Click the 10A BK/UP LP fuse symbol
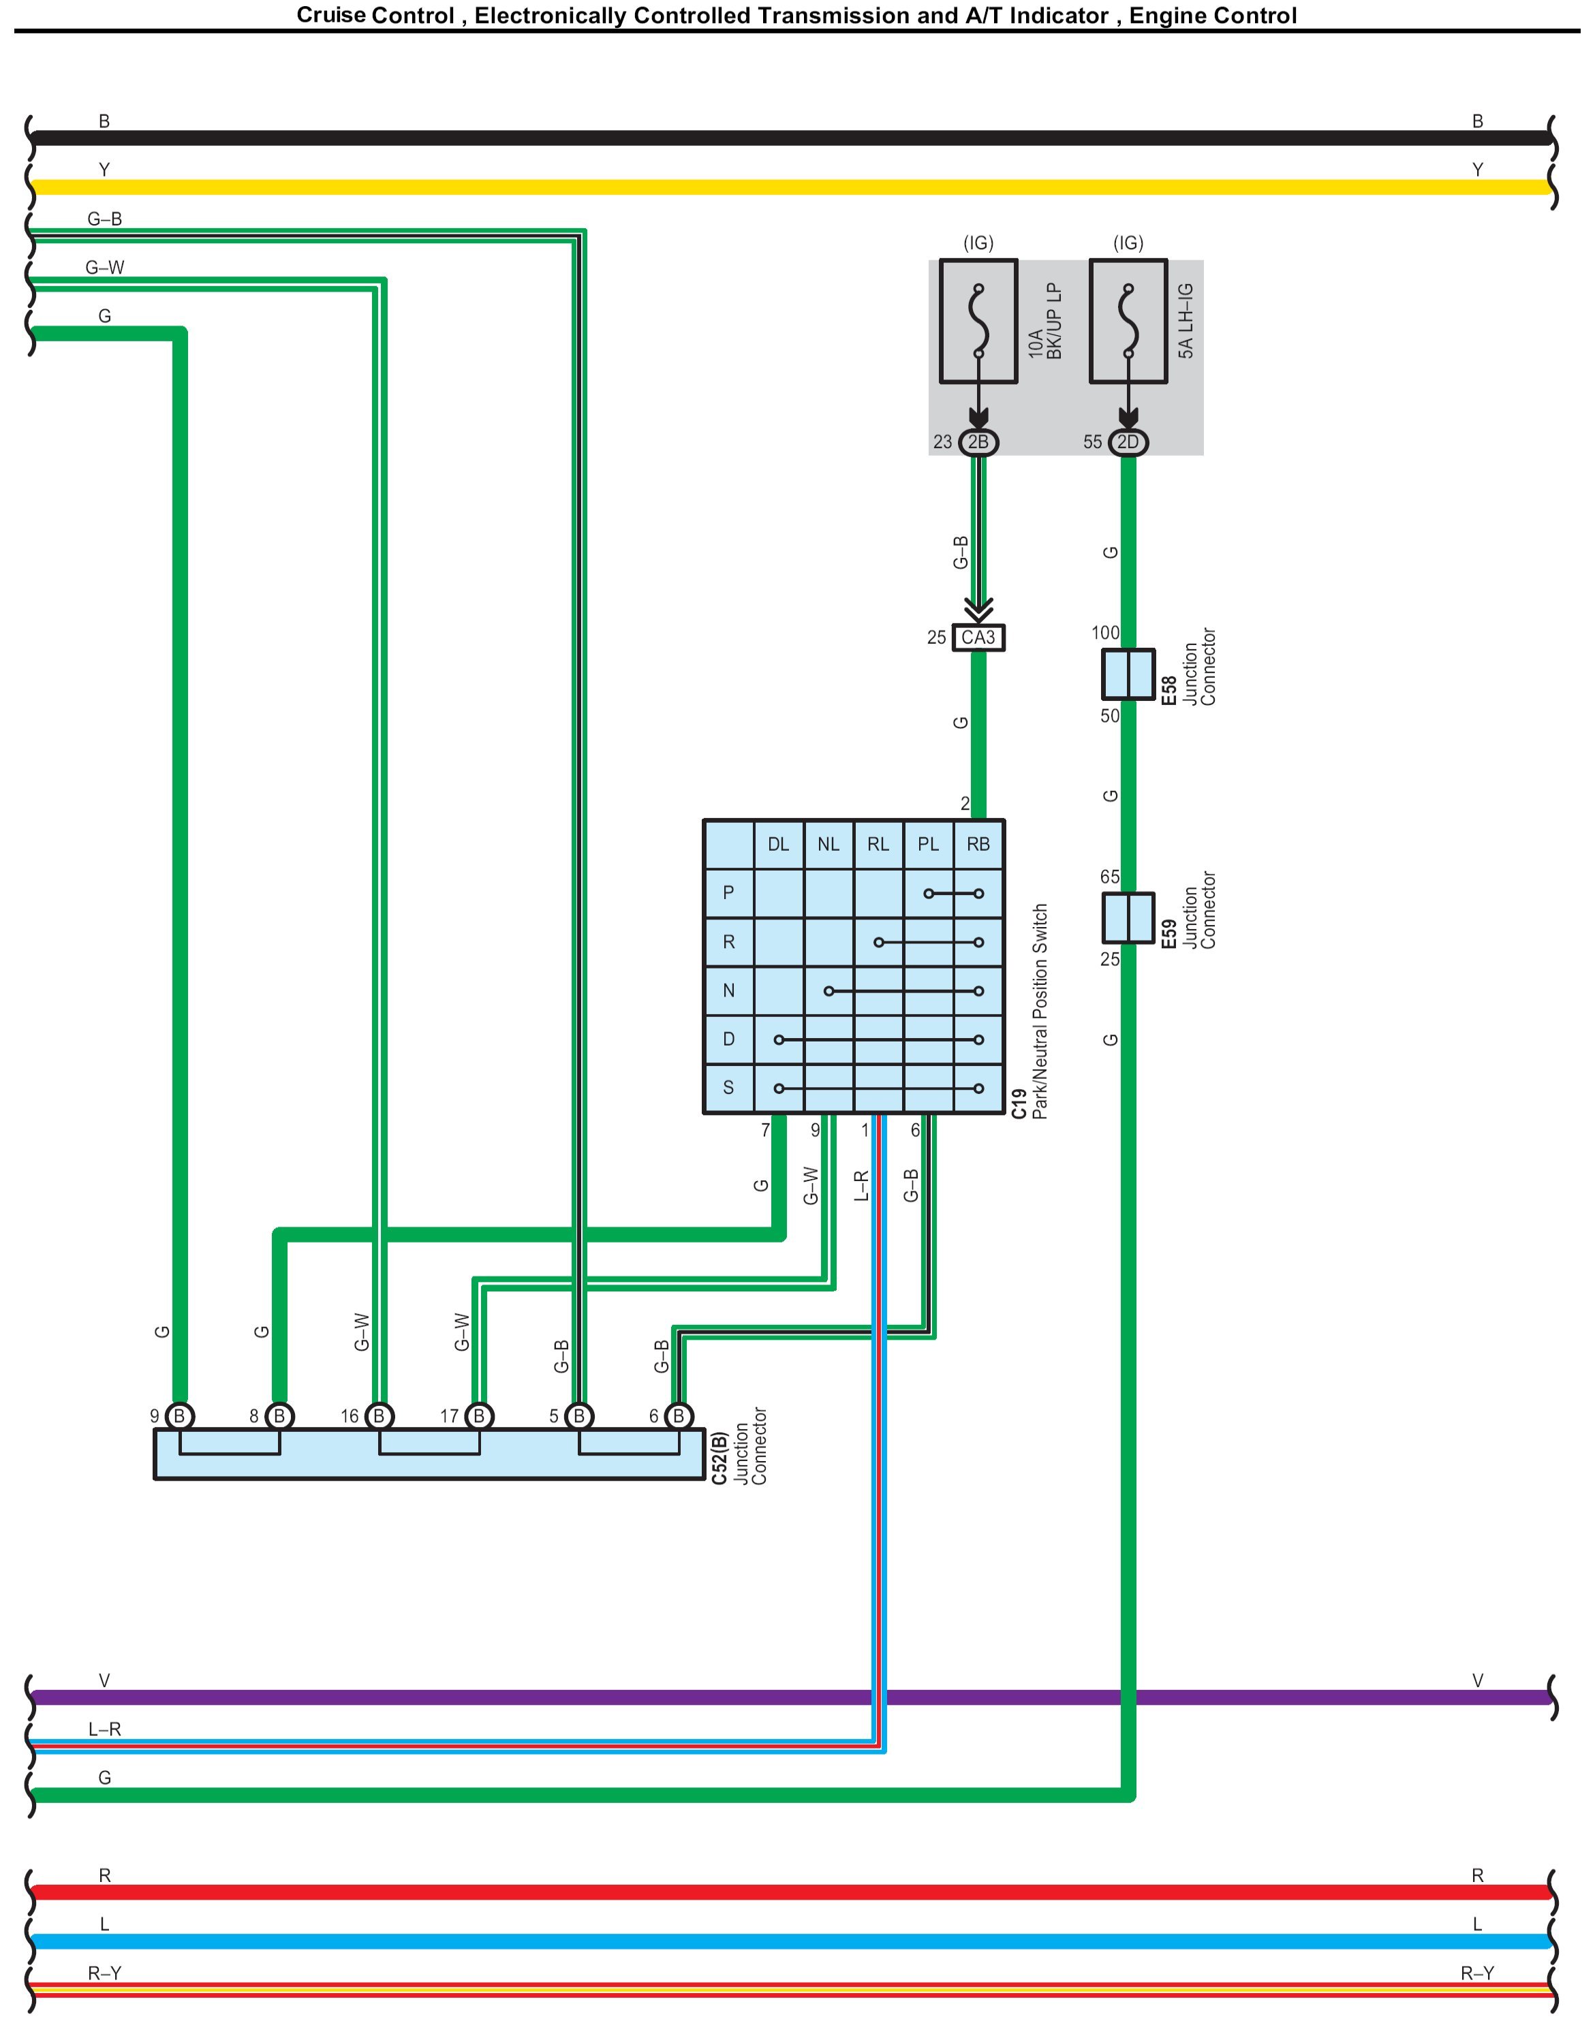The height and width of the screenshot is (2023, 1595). [978, 321]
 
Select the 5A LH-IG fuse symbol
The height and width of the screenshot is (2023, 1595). [1128, 321]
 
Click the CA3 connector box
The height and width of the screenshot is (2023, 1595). [978, 638]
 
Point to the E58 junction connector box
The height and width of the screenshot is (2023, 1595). [1128, 674]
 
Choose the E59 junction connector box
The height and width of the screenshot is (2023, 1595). [1128, 918]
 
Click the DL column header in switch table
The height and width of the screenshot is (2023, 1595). [778, 845]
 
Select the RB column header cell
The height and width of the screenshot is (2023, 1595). [978, 845]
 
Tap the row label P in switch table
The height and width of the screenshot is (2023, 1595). [728, 894]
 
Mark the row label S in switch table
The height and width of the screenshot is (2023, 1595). [728, 1088]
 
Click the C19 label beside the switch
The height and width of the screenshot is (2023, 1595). [1020, 1104]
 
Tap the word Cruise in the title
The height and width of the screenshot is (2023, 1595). [330, 16]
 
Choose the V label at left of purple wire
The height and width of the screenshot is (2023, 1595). [105, 1680]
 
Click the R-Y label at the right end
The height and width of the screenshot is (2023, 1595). [1476, 1973]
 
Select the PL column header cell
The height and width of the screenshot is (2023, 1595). [927, 845]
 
